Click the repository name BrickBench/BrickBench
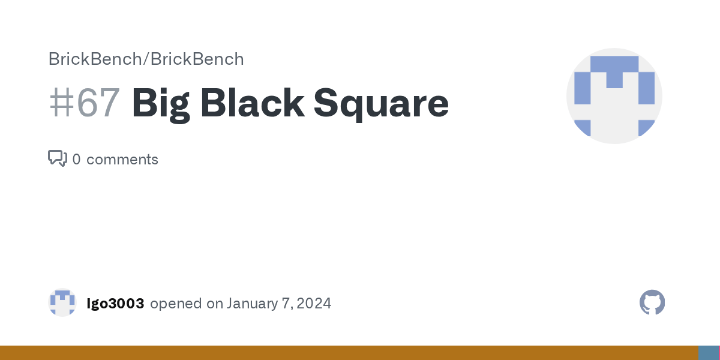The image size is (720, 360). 146,59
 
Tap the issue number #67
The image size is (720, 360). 84,103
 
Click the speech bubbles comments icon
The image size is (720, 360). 57,158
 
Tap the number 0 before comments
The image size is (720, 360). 76,160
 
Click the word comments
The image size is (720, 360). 122,160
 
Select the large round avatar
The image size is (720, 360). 614,96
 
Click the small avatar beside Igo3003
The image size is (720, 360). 62,302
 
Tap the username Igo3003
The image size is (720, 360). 115,304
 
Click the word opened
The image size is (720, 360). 176,304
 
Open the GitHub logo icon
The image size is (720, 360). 652,302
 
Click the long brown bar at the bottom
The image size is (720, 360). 348,353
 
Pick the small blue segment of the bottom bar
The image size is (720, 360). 708,353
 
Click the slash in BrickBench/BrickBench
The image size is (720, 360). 146,59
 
